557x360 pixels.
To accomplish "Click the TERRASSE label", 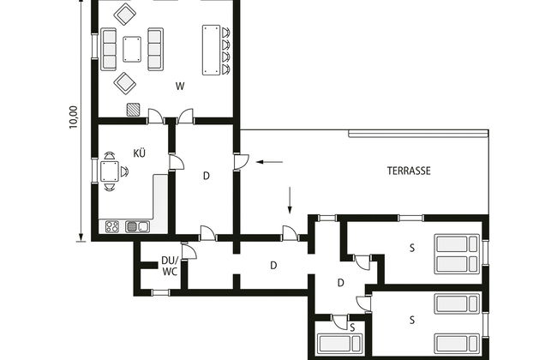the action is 409,171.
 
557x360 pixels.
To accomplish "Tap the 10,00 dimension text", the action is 73,117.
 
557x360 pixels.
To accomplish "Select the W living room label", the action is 180,86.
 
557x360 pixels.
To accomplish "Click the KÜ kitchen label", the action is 139,153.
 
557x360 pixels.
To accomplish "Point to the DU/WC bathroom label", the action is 170,266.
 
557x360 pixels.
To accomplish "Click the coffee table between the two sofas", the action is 132,49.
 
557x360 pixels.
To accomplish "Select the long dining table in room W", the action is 212,50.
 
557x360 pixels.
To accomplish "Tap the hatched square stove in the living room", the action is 133,110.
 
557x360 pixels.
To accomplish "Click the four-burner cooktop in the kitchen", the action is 112,226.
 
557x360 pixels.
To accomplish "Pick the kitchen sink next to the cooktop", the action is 137,226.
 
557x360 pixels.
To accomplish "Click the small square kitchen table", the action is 110,171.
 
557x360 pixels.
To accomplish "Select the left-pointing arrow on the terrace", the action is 269,162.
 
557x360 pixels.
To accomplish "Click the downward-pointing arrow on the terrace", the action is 290,201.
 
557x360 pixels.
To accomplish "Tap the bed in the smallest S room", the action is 339,344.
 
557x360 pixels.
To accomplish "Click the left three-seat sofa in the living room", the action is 109,49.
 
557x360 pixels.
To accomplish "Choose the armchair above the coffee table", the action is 125,15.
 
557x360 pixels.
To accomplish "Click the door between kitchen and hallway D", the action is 177,162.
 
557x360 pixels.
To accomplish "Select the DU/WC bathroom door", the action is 189,250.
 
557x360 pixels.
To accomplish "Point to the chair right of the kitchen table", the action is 124,171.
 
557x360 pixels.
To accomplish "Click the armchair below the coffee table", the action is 125,83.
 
